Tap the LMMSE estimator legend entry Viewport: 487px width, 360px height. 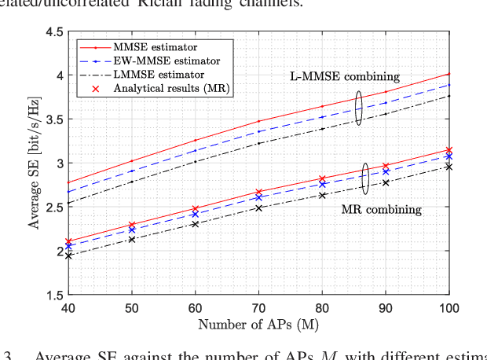point(150,74)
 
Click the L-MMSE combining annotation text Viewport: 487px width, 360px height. point(342,76)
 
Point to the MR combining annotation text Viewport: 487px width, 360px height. point(381,210)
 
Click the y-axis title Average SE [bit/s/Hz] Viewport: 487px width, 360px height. point(35,163)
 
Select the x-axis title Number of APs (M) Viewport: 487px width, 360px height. point(258,323)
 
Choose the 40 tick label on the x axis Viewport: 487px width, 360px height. point(69,307)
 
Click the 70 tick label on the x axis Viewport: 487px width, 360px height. point(258,307)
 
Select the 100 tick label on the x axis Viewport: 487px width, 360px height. point(448,307)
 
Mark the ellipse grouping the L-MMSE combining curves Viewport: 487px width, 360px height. point(358,108)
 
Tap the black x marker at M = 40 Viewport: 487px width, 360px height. point(69,255)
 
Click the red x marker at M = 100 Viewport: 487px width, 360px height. point(449,149)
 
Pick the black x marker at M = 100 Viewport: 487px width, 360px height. point(449,167)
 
